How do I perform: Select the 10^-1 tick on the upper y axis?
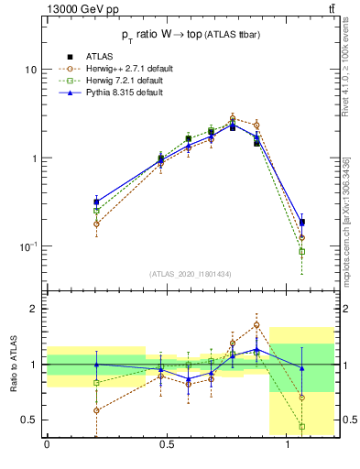click(x=27, y=246)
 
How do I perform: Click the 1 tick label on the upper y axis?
click(x=33, y=158)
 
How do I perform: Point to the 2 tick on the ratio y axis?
click(x=33, y=309)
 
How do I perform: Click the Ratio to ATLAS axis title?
click(x=14, y=364)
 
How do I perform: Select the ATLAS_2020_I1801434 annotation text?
click(x=191, y=274)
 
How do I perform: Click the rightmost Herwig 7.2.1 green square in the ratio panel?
click(x=302, y=426)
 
